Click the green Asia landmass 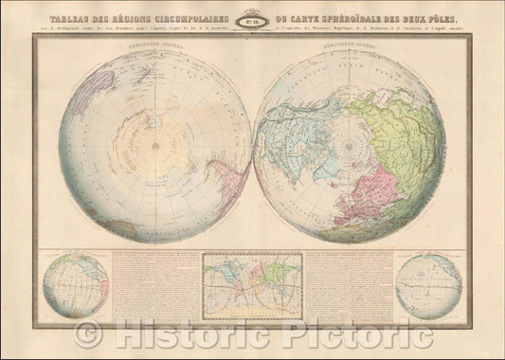417,133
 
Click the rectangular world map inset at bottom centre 253,278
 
